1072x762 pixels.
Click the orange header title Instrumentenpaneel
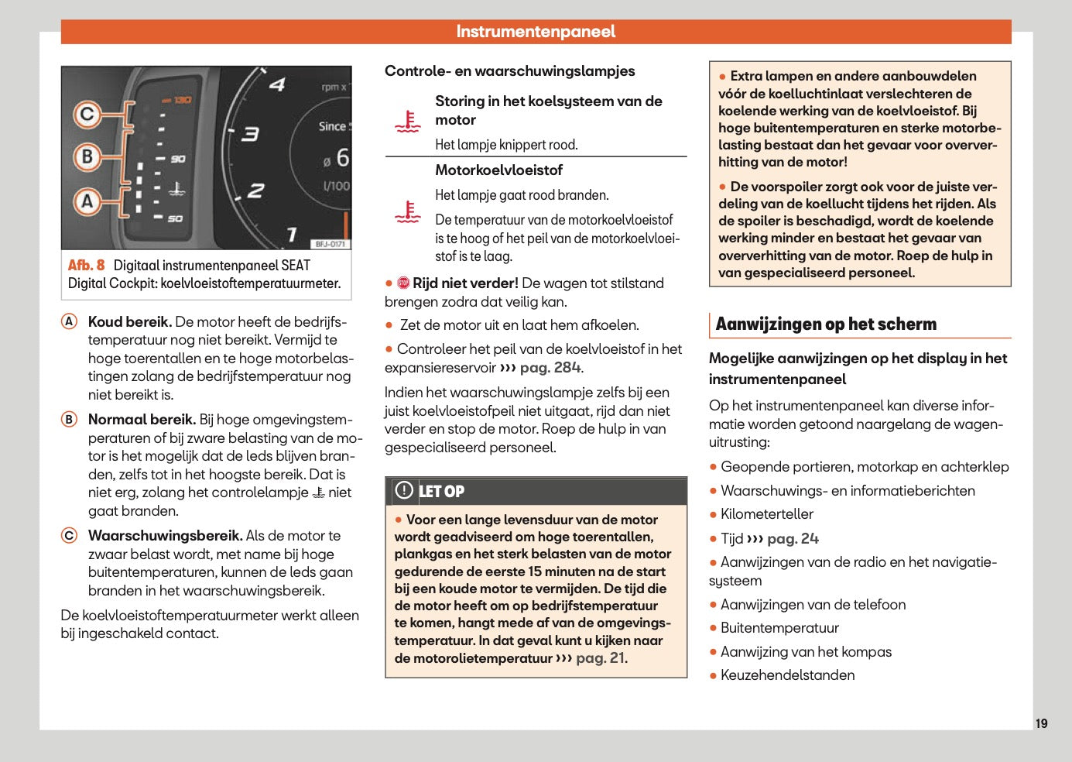[x=536, y=32]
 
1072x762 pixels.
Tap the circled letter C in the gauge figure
[x=87, y=115]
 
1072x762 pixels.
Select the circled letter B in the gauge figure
[x=87, y=157]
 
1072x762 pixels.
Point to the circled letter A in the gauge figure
[x=87, y=201]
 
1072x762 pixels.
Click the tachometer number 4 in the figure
[x=277, y=84]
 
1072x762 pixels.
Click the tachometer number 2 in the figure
[x=255, y=190]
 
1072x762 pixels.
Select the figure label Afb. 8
[x=86, y=265]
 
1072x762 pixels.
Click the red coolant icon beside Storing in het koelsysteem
[x=407, y=122]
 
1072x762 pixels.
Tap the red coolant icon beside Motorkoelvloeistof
[x=407, y=212]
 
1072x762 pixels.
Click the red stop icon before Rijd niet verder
[x=403, y=283]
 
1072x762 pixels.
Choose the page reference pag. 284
[x=551, y=368]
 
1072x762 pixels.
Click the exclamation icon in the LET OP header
[x=404, y=490]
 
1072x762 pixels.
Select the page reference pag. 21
[x=601, y=658]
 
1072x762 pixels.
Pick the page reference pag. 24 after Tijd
[x=793, y=539]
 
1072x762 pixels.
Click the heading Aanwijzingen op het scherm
[x=826, y=324]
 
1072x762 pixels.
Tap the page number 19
[x=1041, y=723]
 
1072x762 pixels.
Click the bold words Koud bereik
[x=129, y=322]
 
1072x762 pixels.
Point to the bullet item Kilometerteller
[x=766, y=514]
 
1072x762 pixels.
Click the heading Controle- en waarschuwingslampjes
[x=509, y=71]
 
